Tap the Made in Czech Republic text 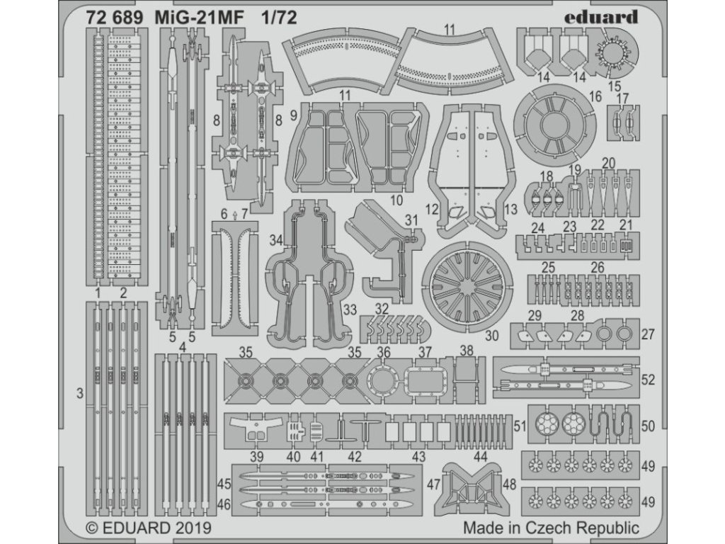[551, 528]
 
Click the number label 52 [648, 380]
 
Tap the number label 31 [411, 221]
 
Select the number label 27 [648, 334]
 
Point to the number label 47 [434, 484]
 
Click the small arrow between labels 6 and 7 [234, 213]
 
